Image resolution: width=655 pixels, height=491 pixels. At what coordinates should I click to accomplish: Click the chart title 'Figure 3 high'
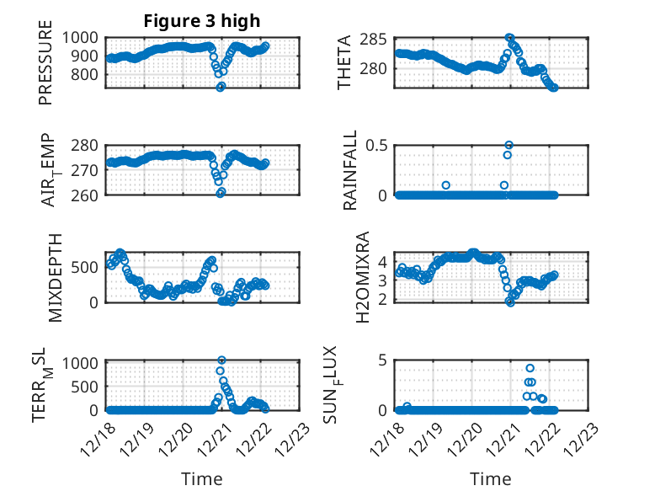click(x=202, y=21)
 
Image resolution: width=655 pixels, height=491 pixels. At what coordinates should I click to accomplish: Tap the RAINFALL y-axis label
click(x=349, y=171)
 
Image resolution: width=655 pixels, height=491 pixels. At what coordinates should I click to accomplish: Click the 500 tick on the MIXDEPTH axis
click(x=90, y=267)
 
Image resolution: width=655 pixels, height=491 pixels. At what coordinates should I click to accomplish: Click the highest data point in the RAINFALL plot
click(x=509, y=145)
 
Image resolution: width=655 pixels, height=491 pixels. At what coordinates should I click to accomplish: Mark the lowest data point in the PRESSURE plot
click(x=221, y=87)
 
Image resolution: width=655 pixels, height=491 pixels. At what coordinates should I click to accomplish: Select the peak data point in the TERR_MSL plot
click(x=221, y=360)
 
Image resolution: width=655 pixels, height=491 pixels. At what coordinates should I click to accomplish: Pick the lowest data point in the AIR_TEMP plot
click(x=221, y=193)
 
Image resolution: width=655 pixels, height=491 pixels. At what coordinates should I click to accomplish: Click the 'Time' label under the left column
click(x=202, y=479)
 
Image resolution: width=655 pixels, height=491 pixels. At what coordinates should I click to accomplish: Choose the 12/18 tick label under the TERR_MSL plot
click(x=99, y=438)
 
